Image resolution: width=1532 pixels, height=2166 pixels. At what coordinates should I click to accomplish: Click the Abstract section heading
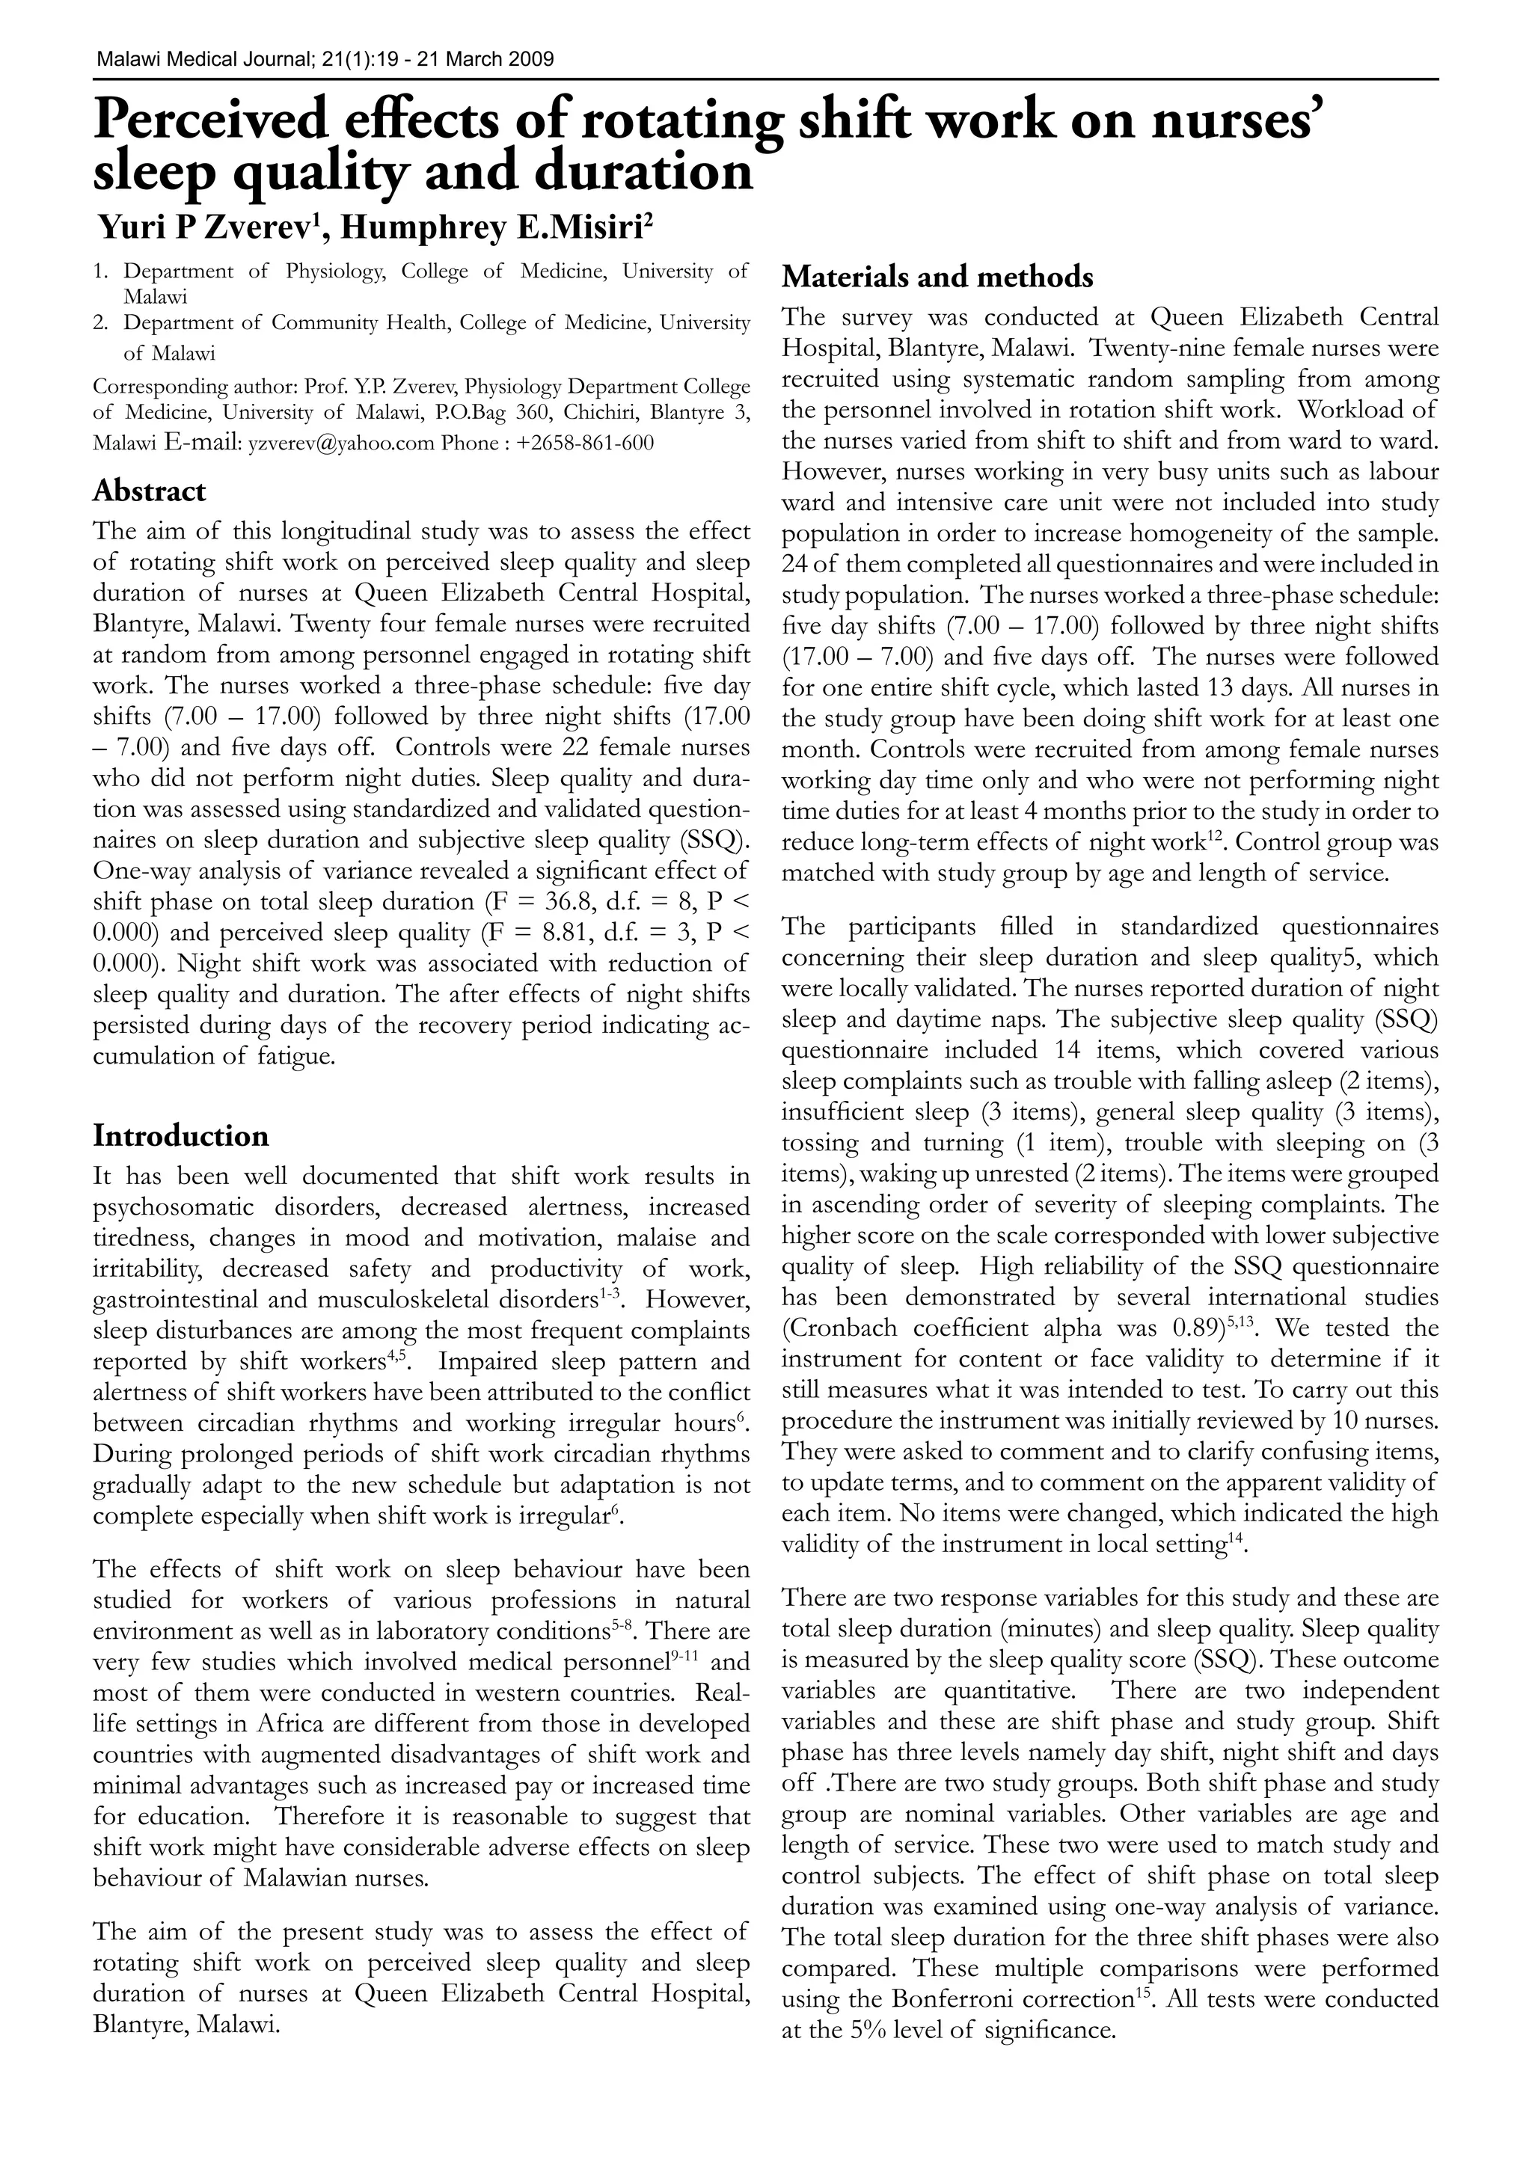coord(149,491)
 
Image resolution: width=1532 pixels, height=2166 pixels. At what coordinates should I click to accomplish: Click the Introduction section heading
coord(180,1136)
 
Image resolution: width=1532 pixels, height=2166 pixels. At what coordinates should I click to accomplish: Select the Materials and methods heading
coord(938,277)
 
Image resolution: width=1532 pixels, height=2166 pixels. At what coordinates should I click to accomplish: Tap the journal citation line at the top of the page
coord(325,59)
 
